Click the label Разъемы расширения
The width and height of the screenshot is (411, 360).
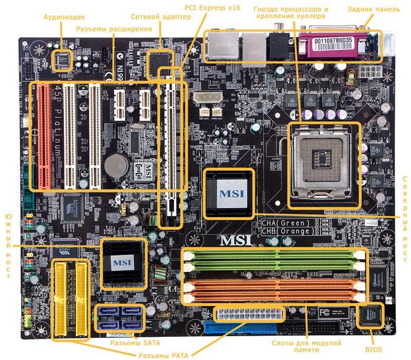114,28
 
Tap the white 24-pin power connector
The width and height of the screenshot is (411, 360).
249,315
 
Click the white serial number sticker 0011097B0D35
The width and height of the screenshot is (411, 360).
338,40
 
